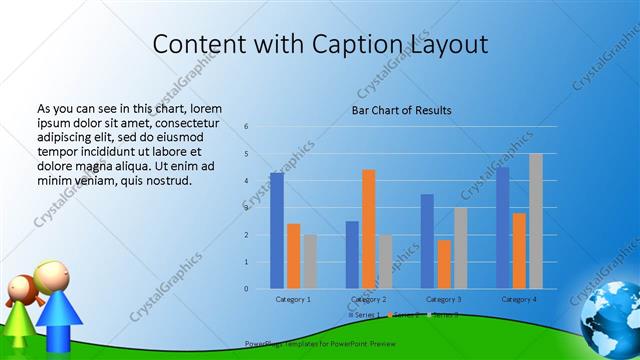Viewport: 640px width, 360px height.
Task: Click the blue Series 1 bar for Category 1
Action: coord(277,231)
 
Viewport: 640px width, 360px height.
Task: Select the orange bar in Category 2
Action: coord(369,229)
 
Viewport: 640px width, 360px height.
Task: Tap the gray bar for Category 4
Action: coord(536,221)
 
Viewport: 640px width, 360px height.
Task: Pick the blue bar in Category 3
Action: coord(427,241)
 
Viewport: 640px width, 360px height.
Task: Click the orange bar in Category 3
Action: coord(444,264)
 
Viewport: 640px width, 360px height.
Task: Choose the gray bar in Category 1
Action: coord(310,262)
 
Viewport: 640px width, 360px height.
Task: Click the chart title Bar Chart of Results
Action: coord(401,110)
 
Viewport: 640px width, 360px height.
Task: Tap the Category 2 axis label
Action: coord(369,299)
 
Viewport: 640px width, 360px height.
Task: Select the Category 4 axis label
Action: coord(519,299)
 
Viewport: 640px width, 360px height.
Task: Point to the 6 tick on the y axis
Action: coord(246,127)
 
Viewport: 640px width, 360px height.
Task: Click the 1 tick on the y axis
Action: coord(246,262)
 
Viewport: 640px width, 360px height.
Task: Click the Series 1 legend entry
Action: coord(365,315)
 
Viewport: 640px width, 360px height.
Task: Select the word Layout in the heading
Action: coord(449,44)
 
